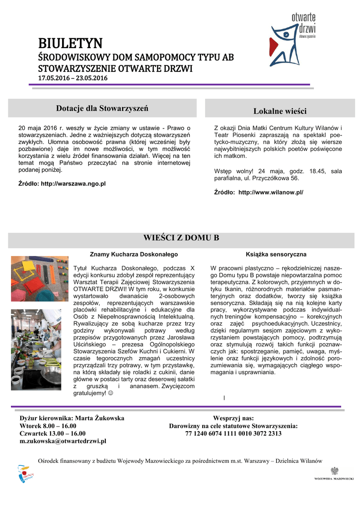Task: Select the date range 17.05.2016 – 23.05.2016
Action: [x=73, y=78]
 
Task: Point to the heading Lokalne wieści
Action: [x=280, y=111]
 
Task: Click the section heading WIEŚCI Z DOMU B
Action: [x=181, y=238]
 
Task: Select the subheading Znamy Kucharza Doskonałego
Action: [x=134, y=254]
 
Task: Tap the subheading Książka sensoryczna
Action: [x=276, y=254]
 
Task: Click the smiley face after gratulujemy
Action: [x=110, y=393]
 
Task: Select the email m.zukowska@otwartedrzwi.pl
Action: [x=63, y=441]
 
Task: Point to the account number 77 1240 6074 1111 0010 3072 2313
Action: [x=233, y=433]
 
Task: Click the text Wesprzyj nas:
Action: [x=233, y=418]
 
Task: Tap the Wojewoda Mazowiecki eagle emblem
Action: [x=334, y=470]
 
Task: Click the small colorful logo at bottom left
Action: [x=24, y=474]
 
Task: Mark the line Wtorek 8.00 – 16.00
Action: [x=48, y=426]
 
